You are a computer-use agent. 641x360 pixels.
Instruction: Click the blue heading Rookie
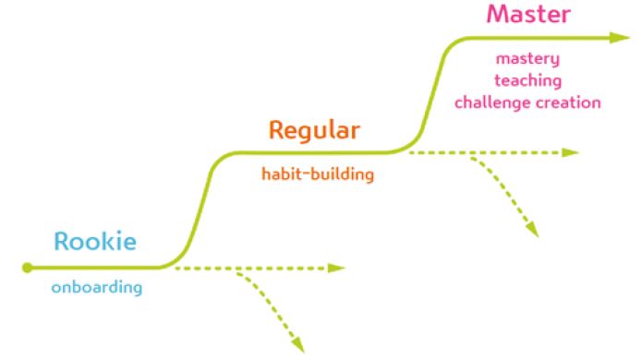[95, 241]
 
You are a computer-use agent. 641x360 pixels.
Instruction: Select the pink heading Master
[528, 14]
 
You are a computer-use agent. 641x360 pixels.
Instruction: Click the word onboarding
[97, 287]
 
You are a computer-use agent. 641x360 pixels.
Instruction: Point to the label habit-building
[318, 174]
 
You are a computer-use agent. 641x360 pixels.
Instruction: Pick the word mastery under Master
[527, 59]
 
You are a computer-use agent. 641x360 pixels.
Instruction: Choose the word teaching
[528, 80]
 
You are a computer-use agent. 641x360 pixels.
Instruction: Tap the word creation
[569, 102]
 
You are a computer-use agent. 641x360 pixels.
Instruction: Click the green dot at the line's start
[27, 268]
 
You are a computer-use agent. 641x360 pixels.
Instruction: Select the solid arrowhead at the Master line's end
[620, 38]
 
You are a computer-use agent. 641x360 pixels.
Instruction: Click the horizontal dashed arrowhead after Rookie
[337, 268]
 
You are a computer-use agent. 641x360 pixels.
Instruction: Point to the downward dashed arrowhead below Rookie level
[298, 345]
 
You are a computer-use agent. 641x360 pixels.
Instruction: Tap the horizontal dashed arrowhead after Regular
[571, 153]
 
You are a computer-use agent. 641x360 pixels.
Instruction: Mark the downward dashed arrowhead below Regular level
[533, 230]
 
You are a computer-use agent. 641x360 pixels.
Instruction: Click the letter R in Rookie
[61, 241]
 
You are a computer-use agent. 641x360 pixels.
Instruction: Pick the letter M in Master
[498, 14]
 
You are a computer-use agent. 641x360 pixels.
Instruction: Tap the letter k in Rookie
[111, 241]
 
